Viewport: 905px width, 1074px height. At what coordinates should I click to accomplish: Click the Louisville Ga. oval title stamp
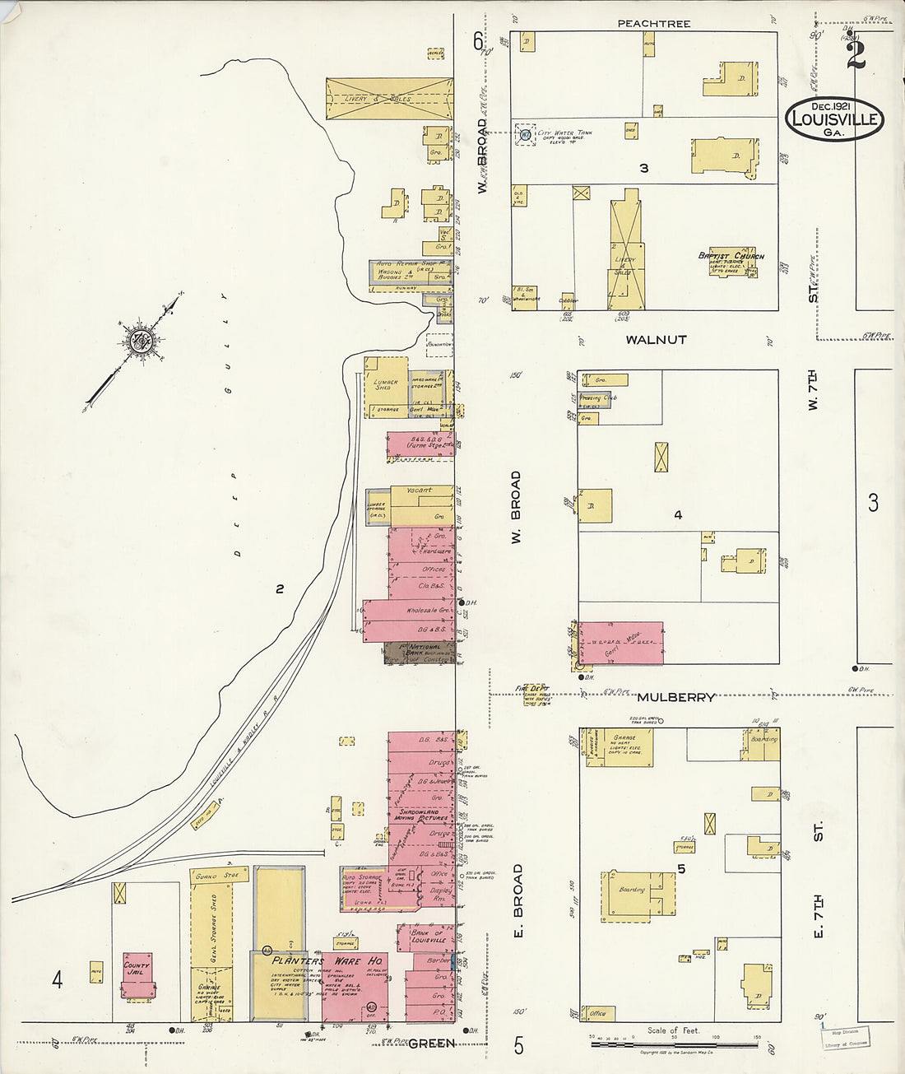833,119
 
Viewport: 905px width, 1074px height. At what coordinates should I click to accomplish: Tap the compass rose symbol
137,342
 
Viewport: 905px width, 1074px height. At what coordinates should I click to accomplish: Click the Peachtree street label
654,24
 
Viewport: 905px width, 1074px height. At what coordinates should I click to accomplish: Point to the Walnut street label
656,339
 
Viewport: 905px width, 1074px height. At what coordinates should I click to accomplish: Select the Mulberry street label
675,697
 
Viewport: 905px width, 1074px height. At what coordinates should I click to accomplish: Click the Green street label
431,1044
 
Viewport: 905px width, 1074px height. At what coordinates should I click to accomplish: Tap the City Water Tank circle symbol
524,133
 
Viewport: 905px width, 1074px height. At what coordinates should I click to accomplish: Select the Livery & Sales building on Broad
389,99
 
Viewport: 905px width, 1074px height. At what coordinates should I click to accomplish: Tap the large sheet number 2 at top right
856,55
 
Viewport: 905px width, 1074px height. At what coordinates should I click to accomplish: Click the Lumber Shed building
385,384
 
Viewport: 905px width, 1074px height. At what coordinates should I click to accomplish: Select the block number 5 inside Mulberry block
681,868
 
